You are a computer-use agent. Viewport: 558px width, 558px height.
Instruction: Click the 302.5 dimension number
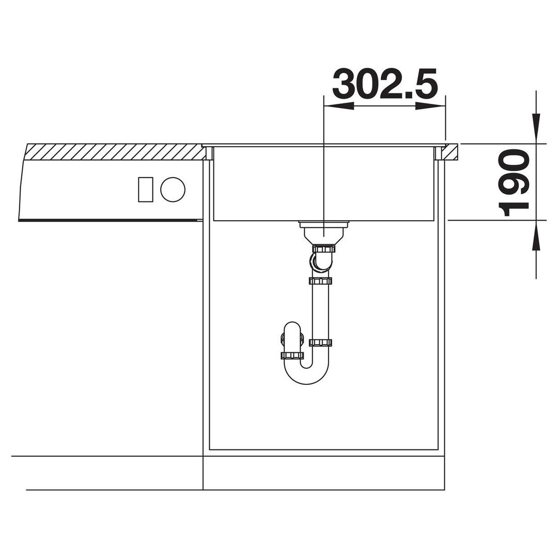384,84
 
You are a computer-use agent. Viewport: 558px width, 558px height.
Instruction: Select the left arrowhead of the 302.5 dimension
338,106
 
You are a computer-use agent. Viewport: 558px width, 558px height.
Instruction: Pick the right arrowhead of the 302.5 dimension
430,106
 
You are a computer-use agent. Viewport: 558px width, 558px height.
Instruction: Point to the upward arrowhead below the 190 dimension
536,235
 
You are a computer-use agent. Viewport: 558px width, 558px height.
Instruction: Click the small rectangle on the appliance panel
146,189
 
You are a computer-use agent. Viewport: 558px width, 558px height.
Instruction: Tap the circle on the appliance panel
173,189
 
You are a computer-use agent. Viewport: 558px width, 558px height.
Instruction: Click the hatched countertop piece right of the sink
451,152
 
